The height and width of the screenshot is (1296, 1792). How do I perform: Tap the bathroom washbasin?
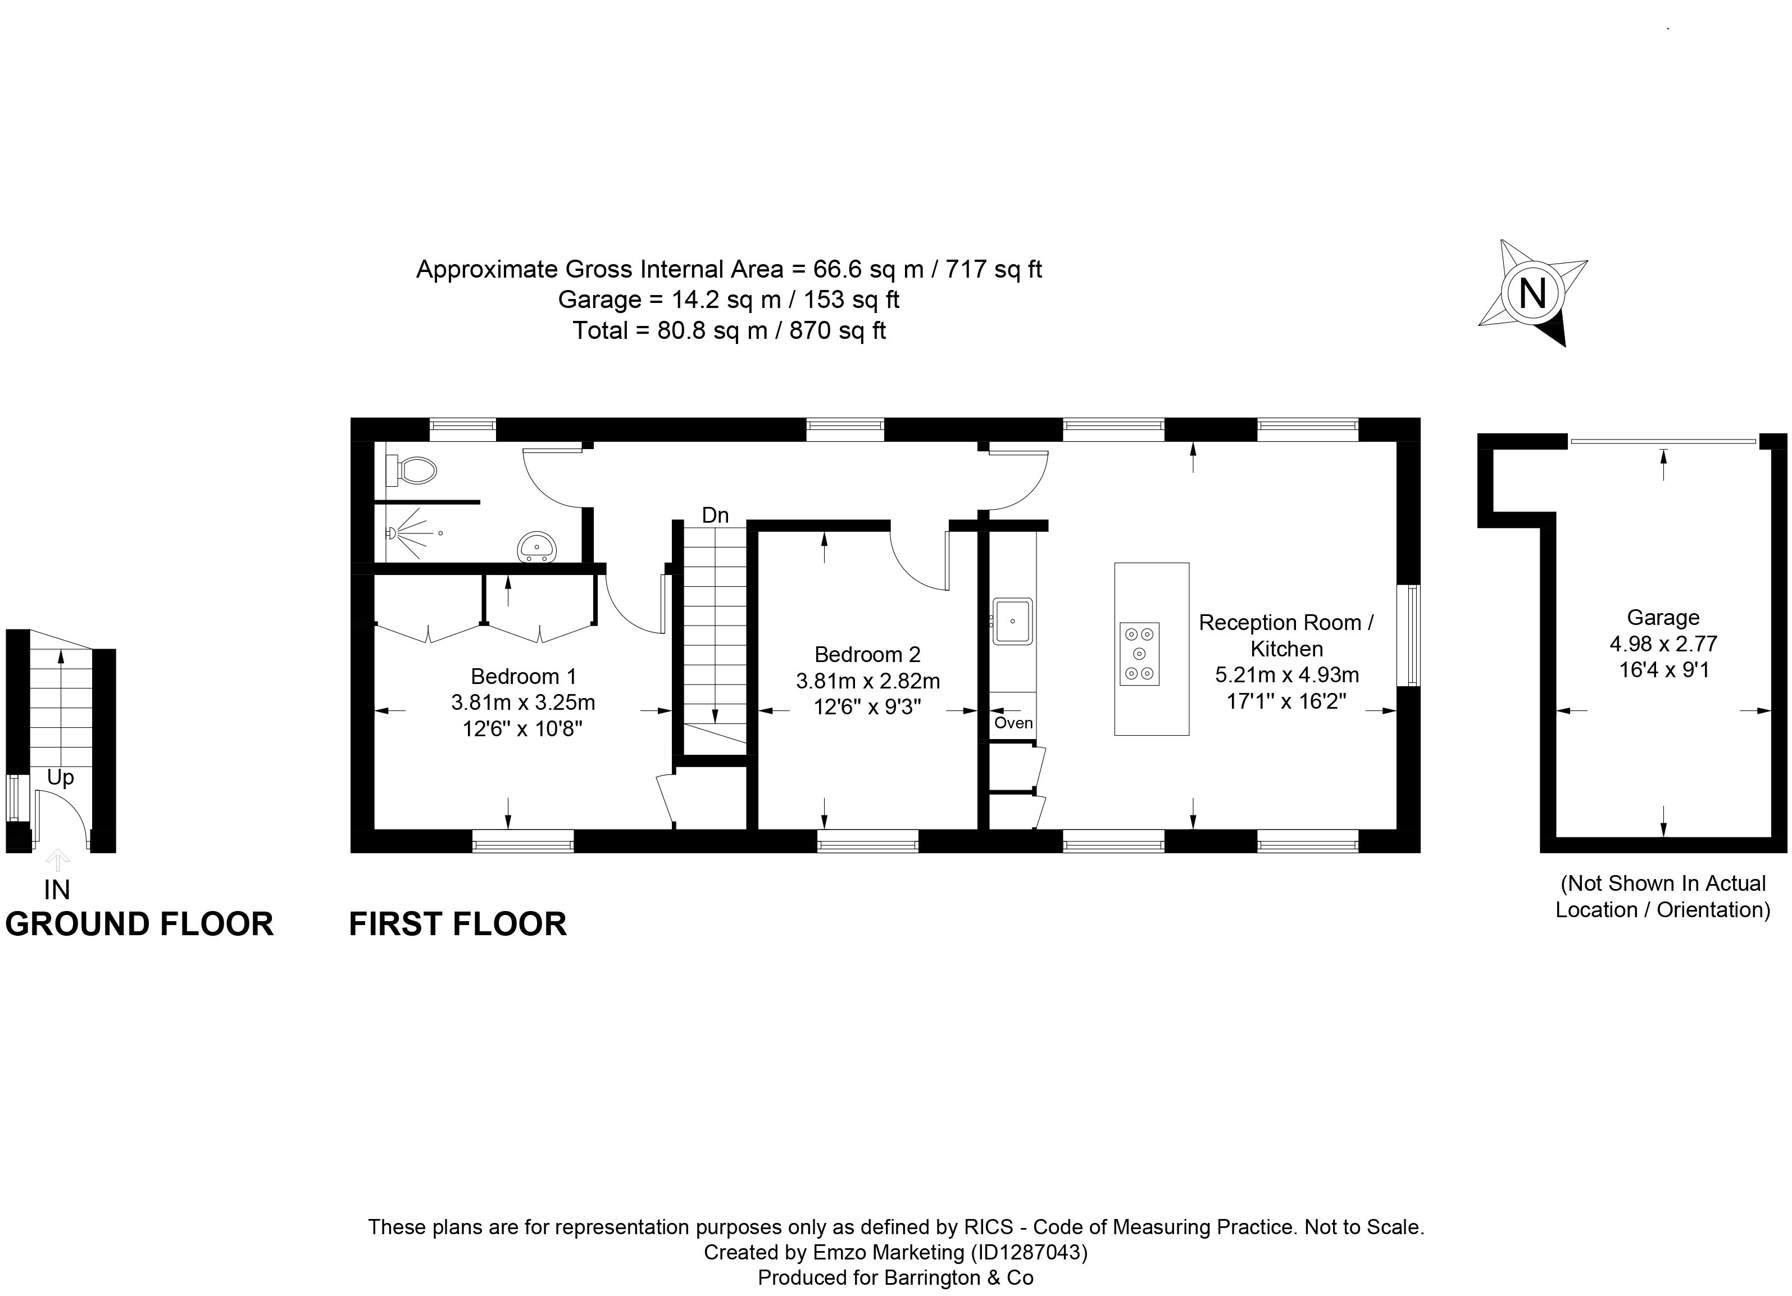click(x=537, y=547)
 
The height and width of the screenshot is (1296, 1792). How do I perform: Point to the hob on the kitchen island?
click(x=1139, y=654)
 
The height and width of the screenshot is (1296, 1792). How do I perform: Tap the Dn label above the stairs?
click(x=715, y=515)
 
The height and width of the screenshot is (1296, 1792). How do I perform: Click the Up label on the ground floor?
click(x=60, y=778)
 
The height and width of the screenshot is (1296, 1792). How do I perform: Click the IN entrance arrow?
click(x=57, y=860)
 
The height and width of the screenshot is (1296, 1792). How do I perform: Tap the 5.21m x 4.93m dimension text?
click(x=1286, y=675)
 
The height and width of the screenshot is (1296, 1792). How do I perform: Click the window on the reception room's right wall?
click(x=1409, y=636)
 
